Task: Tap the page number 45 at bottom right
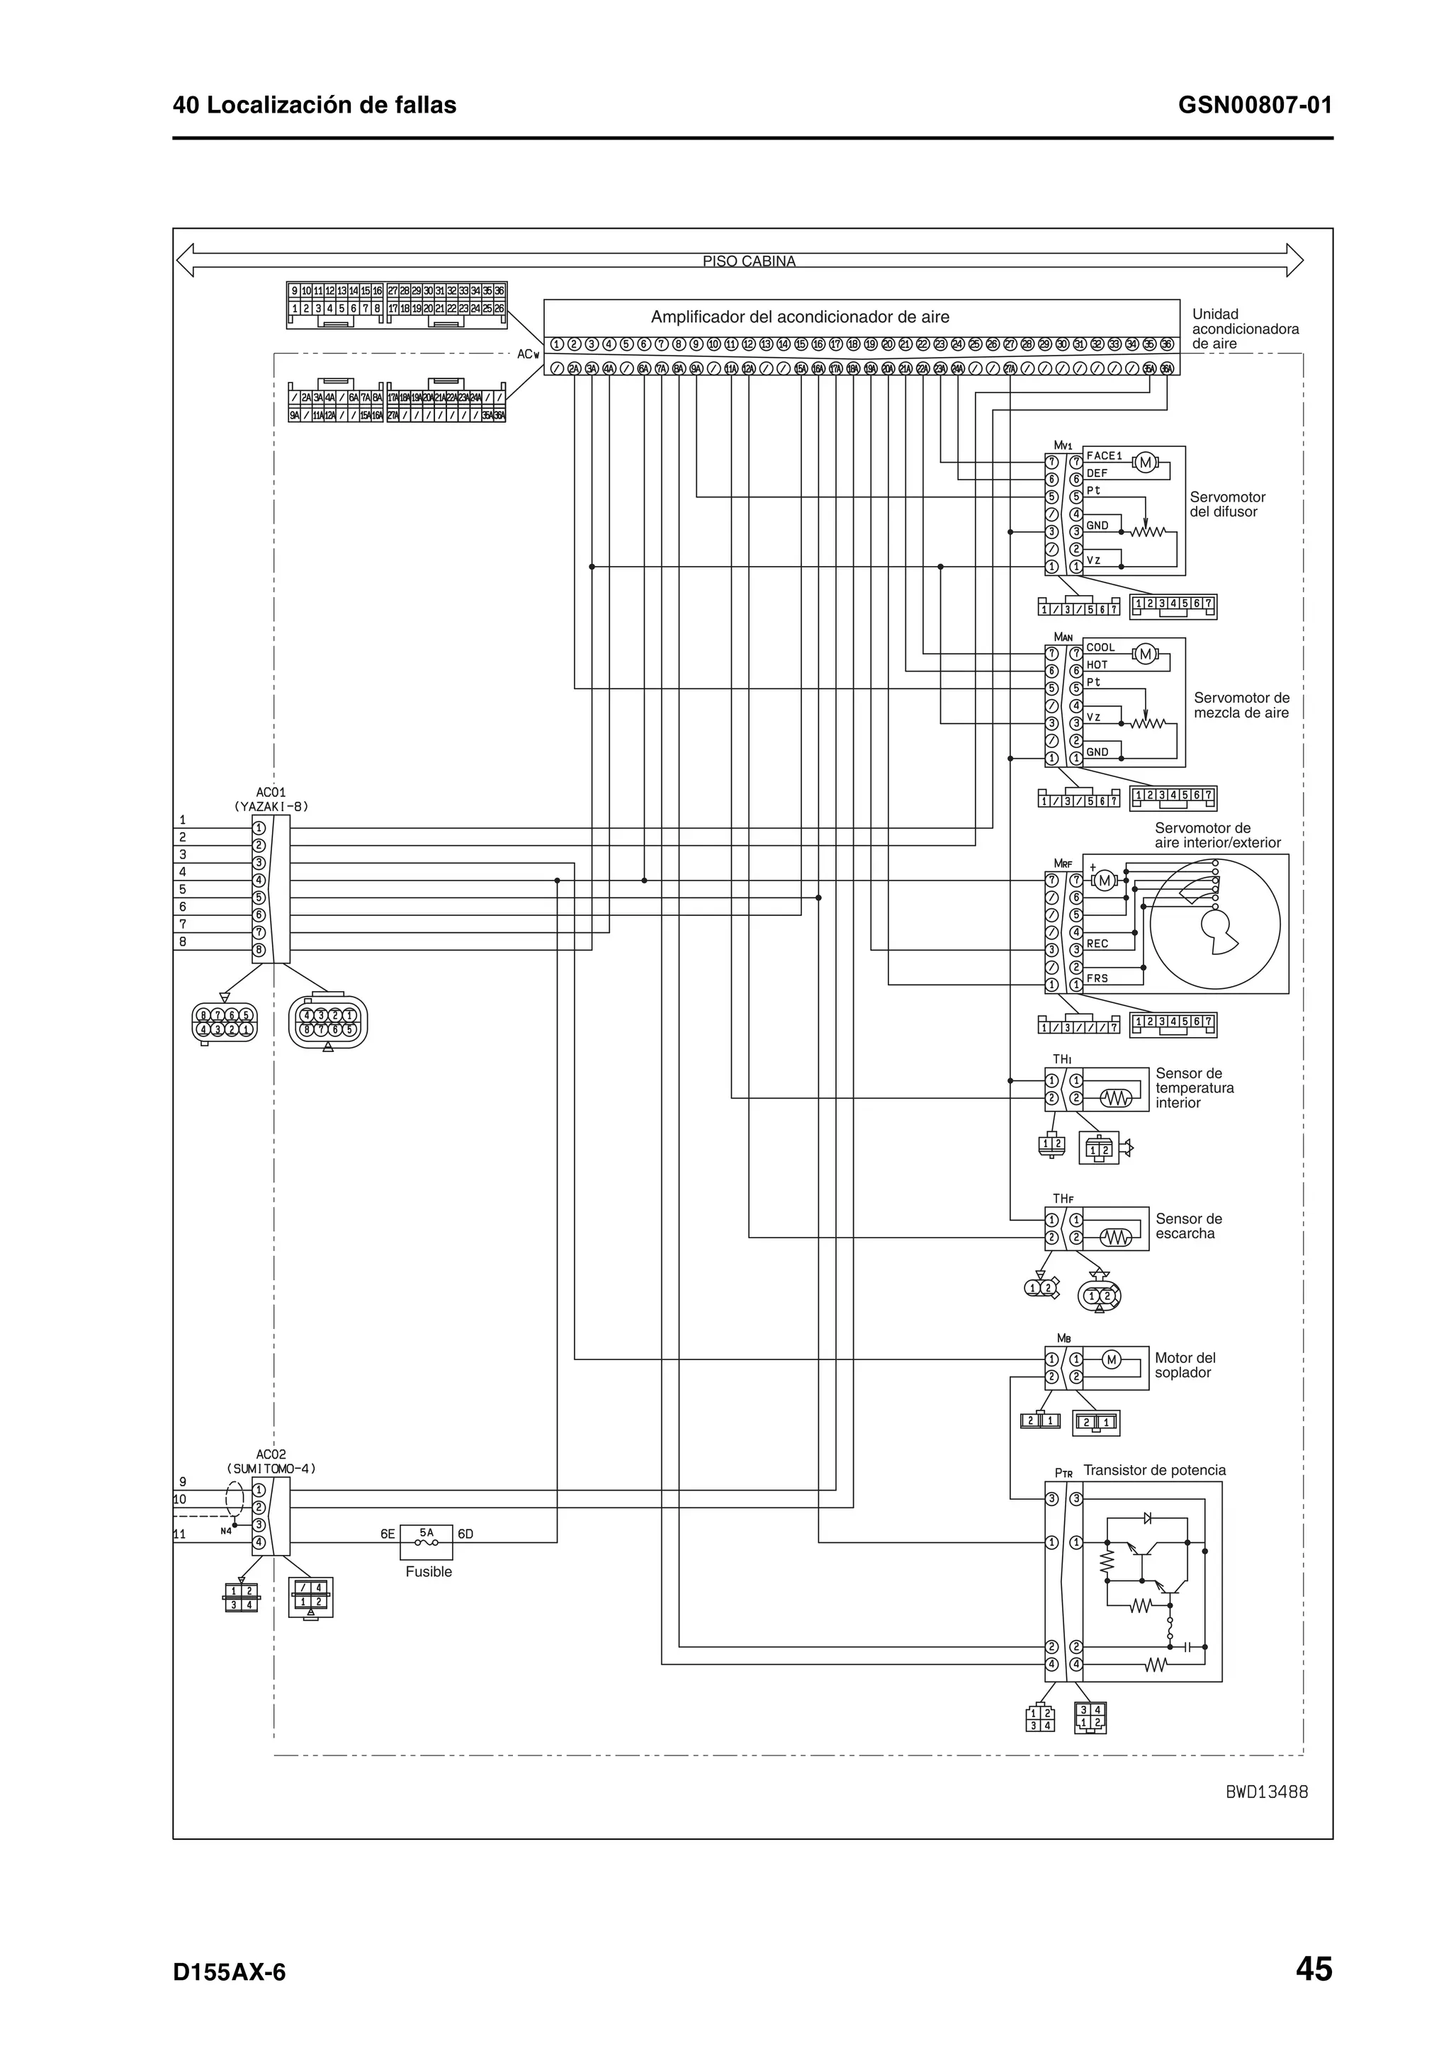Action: [1314, 1970]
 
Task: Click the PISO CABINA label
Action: [748, 261]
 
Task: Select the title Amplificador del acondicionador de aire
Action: [799, 317]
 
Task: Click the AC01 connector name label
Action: [270, 791]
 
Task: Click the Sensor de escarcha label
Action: [1188, 1226]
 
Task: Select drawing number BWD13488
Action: [1266, 1792]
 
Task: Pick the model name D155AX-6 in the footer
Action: [229, 1972]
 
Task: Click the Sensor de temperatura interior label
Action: [1195, 1088]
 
